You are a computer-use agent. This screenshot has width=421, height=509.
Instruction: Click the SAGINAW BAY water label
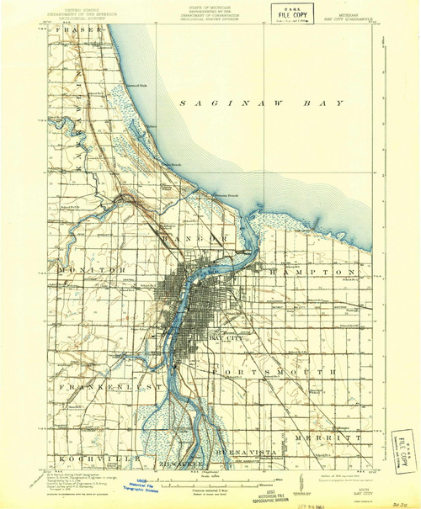261,102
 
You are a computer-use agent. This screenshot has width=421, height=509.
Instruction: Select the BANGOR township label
202,239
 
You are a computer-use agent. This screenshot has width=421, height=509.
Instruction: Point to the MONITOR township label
93,270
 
